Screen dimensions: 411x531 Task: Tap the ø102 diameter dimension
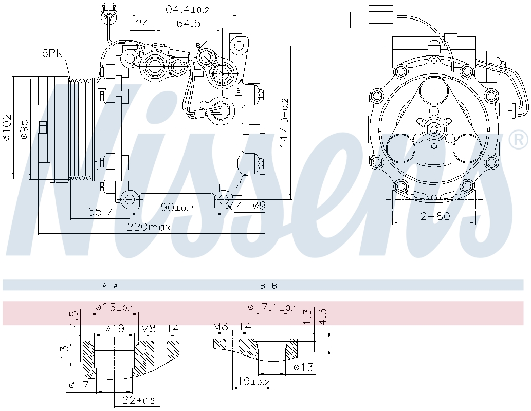click(x=6, y=128)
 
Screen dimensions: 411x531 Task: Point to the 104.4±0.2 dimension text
click(x=185, y=9)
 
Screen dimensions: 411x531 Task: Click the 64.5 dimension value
click(x=188, y=23)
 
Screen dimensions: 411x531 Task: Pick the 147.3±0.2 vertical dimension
click(x=284, y=123)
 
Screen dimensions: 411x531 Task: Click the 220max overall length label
click(x=149, y=227)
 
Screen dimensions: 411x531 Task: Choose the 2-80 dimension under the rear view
click(x=435, y=216)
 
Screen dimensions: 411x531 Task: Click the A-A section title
click(x=110, y=285)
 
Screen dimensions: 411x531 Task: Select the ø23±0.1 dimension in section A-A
click(x=115, y=308)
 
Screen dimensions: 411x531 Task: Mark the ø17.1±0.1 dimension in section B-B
click(x=272, y=307)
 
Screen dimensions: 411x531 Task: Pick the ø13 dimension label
click(x=304, y=367)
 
